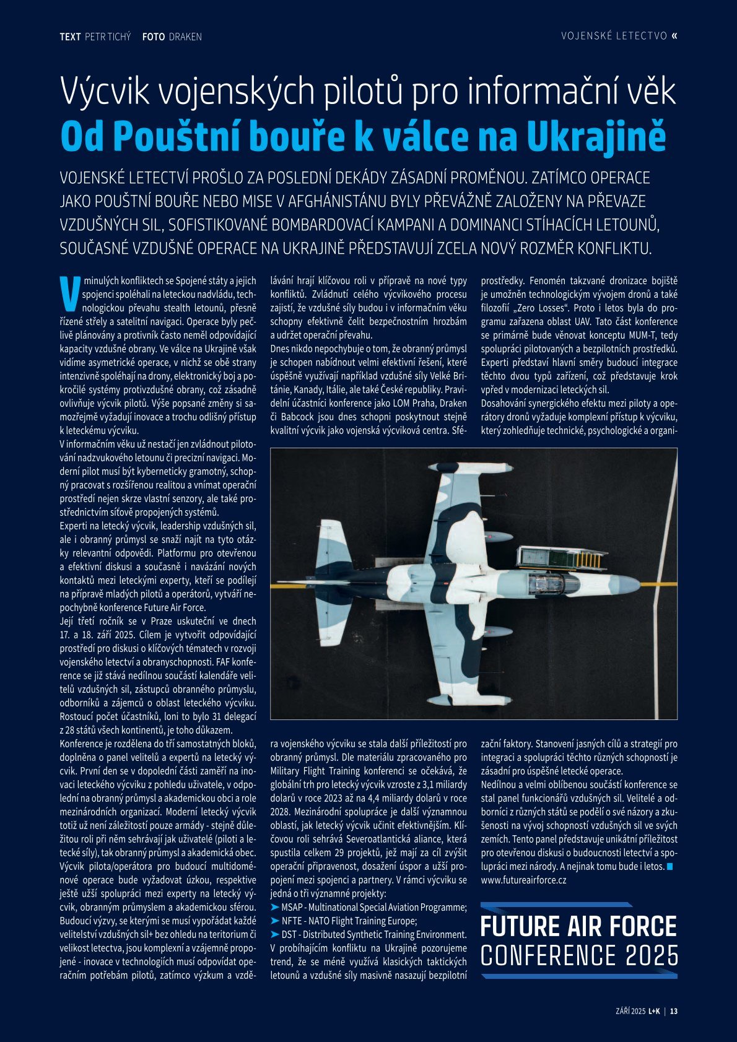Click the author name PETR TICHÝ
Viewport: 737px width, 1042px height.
point(107,37)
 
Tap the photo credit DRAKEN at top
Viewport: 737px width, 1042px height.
point(185,37)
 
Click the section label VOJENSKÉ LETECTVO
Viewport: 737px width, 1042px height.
point(614,36)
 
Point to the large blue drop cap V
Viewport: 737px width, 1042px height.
point(70,293)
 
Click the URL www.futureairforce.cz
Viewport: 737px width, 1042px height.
point(523,880)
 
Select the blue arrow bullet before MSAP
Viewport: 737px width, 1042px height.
point(275,907)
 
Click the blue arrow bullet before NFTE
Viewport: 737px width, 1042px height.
point(275,921)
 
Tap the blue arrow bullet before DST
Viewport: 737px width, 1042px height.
point(275,934)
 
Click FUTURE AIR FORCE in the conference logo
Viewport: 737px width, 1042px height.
point(578,927)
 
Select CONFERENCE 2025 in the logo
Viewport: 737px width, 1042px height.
point(578,956)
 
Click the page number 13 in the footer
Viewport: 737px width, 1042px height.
point(674,1012)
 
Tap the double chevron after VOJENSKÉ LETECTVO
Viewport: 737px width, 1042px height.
point(674,36)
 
